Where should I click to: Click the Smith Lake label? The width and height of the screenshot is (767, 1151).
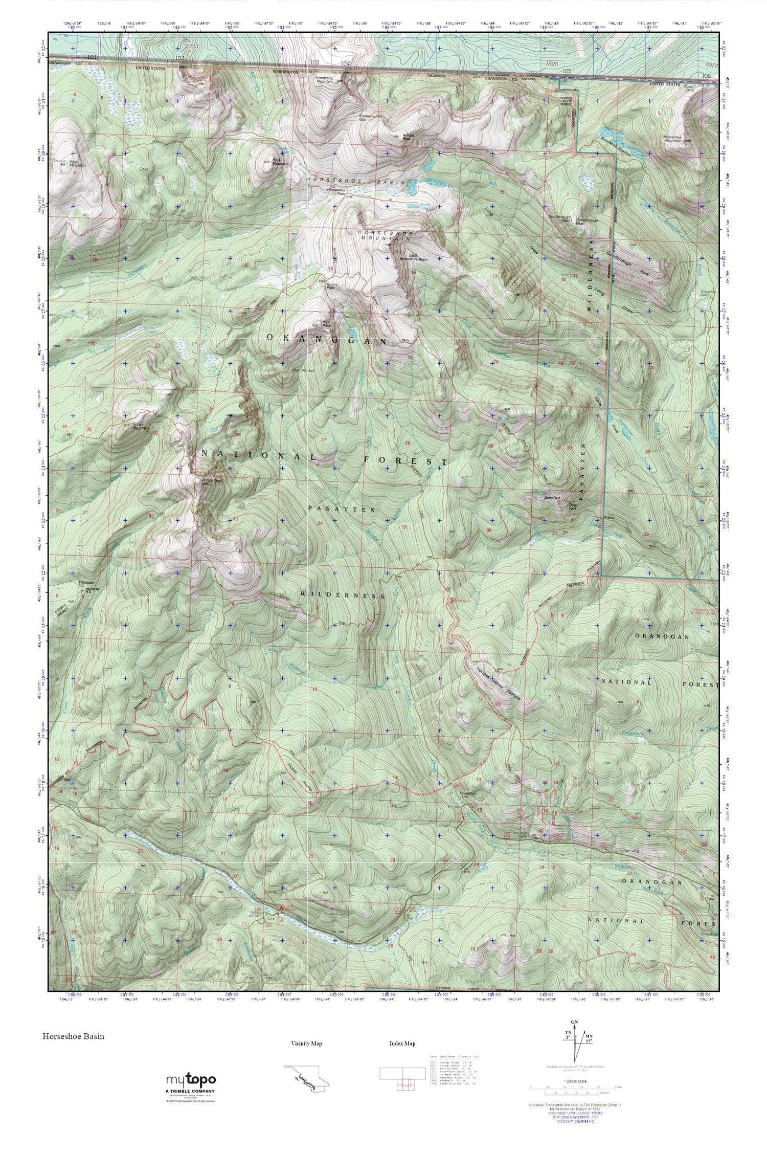(425, 206)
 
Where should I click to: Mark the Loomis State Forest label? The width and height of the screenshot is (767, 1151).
(567, 104)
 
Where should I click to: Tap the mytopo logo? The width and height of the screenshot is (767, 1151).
(190, 1078)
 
